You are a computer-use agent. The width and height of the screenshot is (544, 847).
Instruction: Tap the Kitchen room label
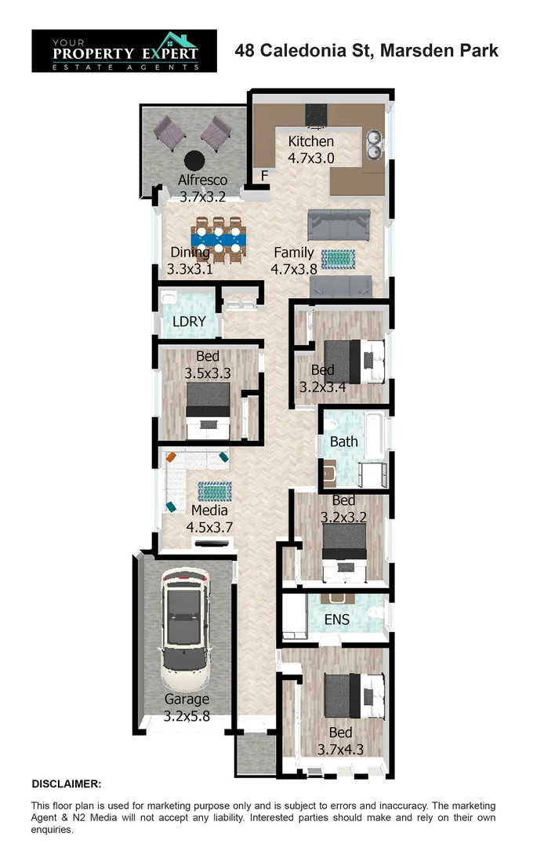coord(311,142)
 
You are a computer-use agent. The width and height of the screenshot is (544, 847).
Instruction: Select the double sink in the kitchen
coord(375,144)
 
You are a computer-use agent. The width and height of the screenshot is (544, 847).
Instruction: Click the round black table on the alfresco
coord(194,160)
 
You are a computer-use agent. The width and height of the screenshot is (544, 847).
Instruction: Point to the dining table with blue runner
coord(219,239)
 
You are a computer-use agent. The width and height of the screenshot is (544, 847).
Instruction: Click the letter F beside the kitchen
coord(265,176)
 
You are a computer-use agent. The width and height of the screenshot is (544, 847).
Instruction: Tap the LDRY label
coord(189,322)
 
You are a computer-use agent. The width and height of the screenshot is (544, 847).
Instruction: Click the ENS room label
coord(337,620)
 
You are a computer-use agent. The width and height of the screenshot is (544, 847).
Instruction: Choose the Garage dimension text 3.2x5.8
coord(187,715)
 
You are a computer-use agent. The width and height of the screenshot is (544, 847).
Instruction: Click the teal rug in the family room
coord(339,258)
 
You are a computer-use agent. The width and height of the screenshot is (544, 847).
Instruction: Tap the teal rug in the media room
coord(213,492)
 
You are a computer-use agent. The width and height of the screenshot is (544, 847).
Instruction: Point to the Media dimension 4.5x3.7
coord(209,527)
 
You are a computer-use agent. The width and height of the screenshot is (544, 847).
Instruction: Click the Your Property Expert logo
coord(124,51)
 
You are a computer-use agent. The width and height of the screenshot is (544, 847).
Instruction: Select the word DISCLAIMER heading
coord(66,783)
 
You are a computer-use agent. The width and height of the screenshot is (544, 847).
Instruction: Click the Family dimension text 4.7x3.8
coord(293,269)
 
